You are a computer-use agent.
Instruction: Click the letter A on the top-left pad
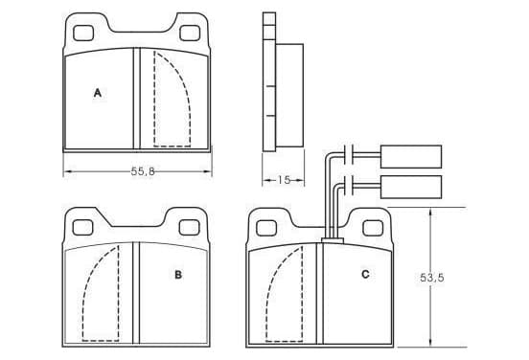[98, 93]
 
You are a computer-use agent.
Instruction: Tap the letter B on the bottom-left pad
[178, 275]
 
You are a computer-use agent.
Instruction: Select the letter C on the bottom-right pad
[365, 275]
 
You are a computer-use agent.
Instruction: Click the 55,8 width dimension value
[143, 171]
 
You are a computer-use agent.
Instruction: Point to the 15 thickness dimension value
[284, 180]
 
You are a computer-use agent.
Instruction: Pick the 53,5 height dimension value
[432, 278]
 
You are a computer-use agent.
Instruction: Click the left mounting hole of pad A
[83, 34]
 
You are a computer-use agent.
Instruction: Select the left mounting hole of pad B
[82, 228]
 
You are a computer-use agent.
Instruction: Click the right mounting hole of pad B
[189, 228]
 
